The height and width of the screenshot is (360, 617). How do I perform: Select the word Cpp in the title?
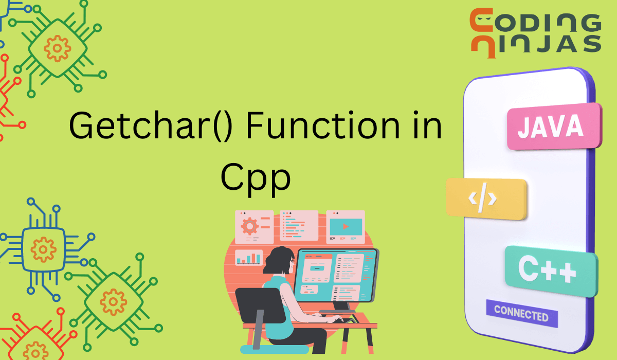coord(256,178)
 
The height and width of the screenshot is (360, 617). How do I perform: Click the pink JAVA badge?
coord(554,126)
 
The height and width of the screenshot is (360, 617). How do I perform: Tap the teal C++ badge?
coord(551,271)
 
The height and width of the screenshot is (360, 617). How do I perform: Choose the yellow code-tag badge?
coord(486,199)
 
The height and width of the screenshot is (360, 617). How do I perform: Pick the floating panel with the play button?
coord(346,227)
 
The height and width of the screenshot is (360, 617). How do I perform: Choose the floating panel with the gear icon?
coord(254,227)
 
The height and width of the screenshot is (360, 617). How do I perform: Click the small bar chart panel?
coord(249,258)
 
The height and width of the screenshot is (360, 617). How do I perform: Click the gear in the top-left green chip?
coord(57,49)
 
